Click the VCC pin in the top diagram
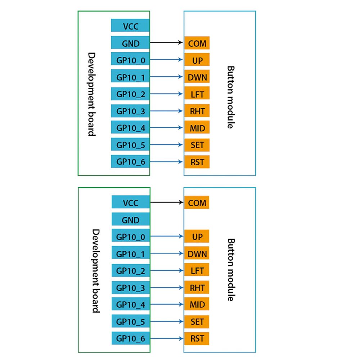pyautogui.click(x=130, y=26)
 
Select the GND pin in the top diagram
pyautogui.click(x=130, y=43)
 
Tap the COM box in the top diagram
pyautogui.click(x=197, y=43)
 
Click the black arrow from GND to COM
pyautogui.click(x=166, y=43)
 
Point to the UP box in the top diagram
pyautogui.click(x=197, y=60)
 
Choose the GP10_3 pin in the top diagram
pyautogui.click(x=130, y=111)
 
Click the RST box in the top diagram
pyautogui.click(x=197, y=162)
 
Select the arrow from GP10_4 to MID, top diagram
pyautogui.click(x=166, y=128)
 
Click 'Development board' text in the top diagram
pyautogui.click(x=92, y=94)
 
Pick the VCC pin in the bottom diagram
pyautogui.click(x=130, y=202)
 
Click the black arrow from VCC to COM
pyautogui.click(x=166, y=202)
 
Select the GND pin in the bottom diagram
pyautogui.click(x=130, y=219)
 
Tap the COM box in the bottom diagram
pyautogui.click(x=197, y=202)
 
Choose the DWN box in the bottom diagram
pyautogui.click(x=197, y=253)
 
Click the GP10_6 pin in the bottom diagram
pyautogui.click(x=130, y=338)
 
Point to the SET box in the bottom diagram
pyautogui.click(x=197, y=321)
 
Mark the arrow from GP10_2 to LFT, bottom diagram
pyautogui.click(x=166, y=271)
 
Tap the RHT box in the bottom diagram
pyautogui.click(x=197, y=288)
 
